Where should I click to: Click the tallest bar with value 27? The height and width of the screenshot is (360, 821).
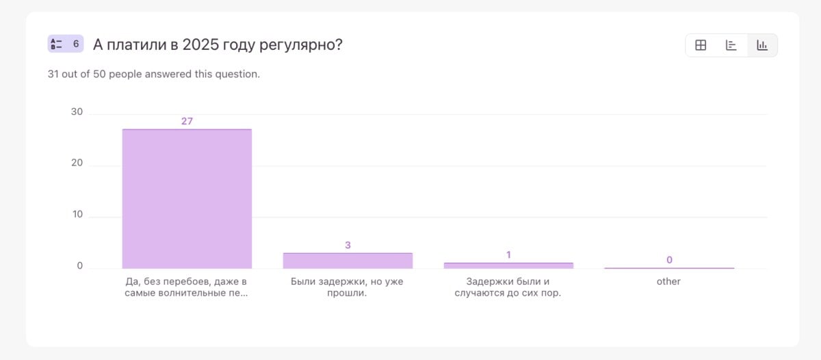tap(187, 198)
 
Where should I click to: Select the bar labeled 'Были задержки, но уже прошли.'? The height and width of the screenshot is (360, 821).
tap(348, 261)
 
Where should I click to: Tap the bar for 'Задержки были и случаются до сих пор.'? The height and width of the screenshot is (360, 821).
tap(508, 266)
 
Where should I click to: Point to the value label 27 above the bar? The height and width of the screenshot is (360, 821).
tap(187, 121)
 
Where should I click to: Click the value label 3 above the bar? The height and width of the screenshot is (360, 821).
tap(348, 245)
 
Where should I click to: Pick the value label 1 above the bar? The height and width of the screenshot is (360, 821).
tap(508, 255)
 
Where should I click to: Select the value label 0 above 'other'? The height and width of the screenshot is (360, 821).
tap(669, 259)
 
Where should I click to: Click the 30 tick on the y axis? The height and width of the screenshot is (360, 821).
tap(77, 112)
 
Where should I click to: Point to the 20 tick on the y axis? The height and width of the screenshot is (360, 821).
tap(77, 162)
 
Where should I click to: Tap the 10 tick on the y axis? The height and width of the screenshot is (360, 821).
tap(77, 214)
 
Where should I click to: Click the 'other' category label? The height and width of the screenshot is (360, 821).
tap(668, 281)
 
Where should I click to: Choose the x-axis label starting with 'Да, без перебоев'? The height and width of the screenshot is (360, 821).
tap(186, 287)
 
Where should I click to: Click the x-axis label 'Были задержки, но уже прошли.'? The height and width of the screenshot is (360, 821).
tap(347, 287)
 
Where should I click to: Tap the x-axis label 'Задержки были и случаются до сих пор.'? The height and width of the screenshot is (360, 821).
tap(508, 287)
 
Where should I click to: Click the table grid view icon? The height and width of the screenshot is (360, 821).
tap(701, 45)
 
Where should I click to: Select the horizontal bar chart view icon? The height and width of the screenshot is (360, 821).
tap(731, 45)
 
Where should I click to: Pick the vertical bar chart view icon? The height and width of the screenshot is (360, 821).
tap(762, 45)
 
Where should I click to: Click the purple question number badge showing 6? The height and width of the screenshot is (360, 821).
tap(66, 44)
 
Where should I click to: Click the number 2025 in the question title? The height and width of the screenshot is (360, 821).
tap(201, 44)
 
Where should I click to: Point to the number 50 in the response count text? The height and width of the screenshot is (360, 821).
tap(99, 74)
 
